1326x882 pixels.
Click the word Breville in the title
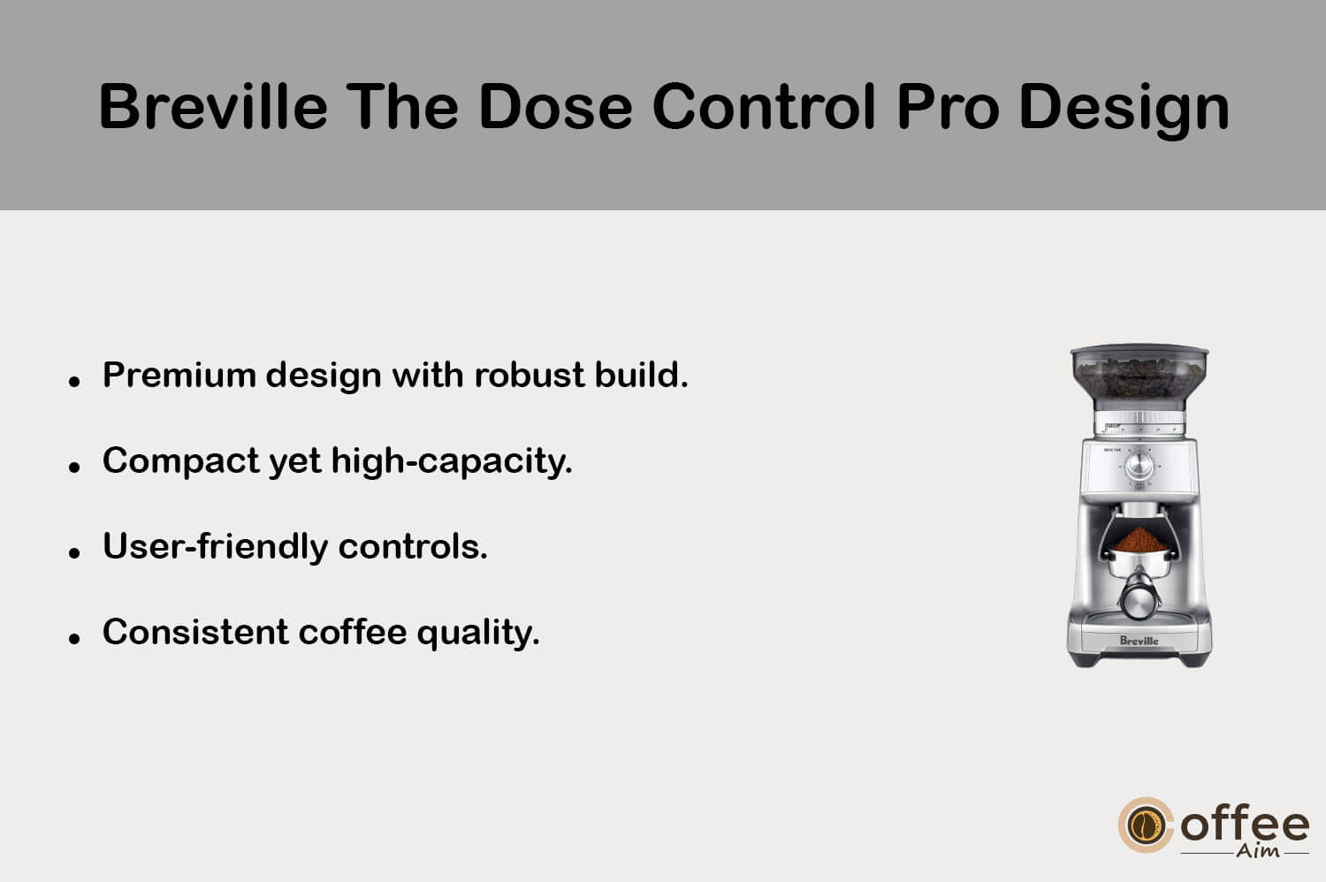213,107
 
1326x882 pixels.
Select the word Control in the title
765,107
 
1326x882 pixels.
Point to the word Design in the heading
1124,110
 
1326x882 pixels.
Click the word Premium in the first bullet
179,376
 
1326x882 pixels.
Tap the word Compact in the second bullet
181,461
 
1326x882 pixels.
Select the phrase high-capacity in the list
452,461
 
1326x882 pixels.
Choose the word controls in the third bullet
413,546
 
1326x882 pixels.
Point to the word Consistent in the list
196,632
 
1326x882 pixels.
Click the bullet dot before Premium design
74,382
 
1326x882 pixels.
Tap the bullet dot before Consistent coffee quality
74,639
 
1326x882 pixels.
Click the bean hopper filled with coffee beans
1139,374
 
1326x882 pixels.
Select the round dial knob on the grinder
1139,466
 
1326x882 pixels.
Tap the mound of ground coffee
1139,539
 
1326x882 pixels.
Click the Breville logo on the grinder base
1139,641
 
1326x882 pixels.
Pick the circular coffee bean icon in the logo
1145,825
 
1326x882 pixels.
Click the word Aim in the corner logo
1257,851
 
